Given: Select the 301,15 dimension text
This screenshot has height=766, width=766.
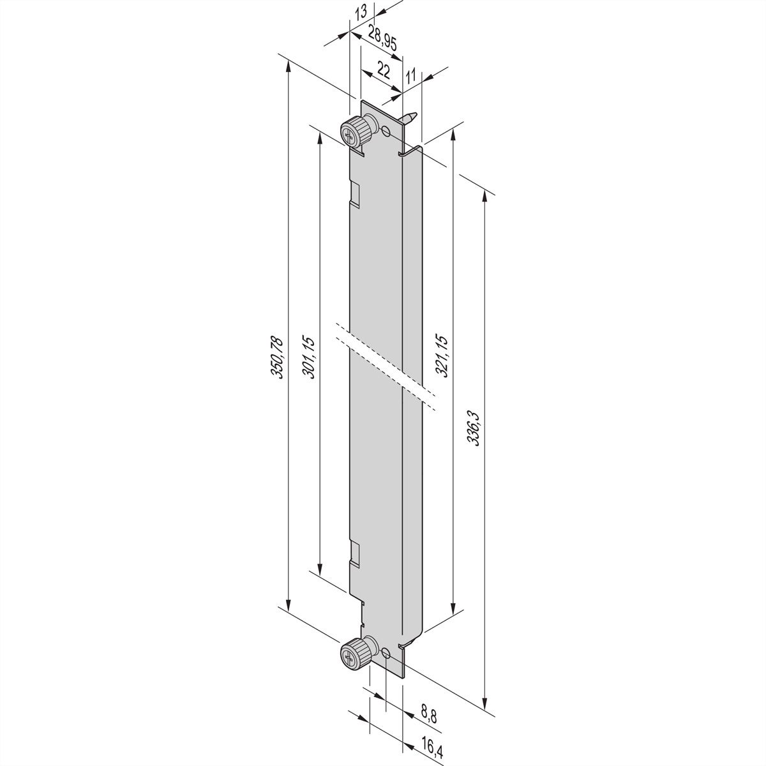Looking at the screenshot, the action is tap(308, 357).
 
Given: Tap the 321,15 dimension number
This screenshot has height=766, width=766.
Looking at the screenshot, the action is tap(442, 356).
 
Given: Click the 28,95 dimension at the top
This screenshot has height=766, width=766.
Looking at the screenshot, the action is tap(382, 38).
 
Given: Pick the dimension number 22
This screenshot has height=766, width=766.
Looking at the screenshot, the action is tap(383, 71).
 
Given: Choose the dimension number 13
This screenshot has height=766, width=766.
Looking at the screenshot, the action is tap(361, 13).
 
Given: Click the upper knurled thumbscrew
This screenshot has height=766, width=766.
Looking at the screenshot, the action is tap(357, 133).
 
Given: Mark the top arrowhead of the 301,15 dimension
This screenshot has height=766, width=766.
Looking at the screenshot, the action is tap(320, 138).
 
